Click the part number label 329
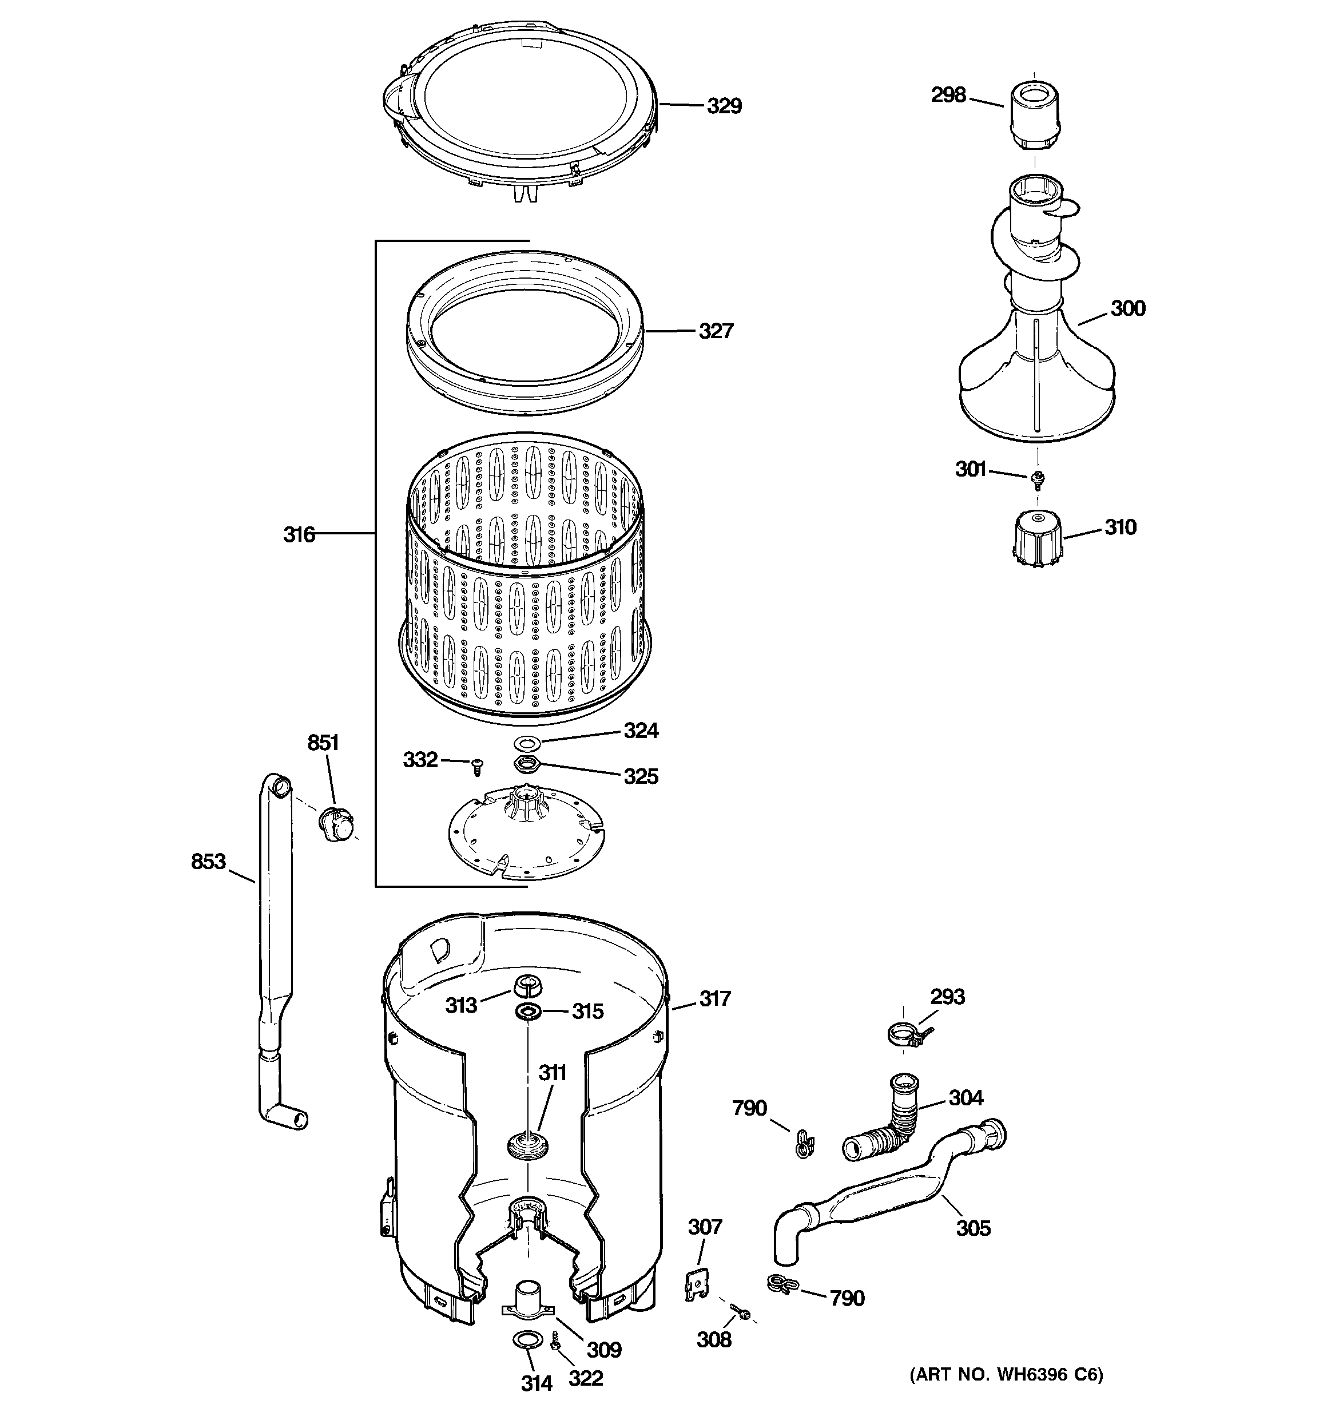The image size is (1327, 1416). [724, 106]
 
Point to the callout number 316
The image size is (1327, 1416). [299, 534]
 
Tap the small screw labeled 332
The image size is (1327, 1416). [477, 767]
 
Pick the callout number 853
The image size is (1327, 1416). [208, 862]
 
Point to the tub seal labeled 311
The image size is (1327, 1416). [528, 1146]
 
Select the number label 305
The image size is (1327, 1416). [973, 1228]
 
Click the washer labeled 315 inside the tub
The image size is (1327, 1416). [528, 1011]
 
